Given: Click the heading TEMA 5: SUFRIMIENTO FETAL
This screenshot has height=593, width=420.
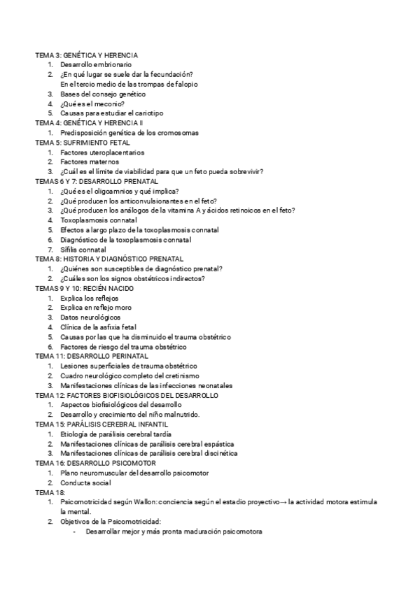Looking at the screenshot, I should point(82,142).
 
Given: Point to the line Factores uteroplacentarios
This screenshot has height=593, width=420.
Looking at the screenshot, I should point(102,152).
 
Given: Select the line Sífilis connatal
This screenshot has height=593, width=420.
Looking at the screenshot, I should point(83,250).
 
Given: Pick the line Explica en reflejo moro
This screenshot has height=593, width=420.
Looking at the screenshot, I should point(96,308).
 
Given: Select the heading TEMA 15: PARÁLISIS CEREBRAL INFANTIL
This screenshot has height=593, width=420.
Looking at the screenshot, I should point(101,424).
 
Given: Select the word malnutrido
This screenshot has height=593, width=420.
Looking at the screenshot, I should point(180,414).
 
